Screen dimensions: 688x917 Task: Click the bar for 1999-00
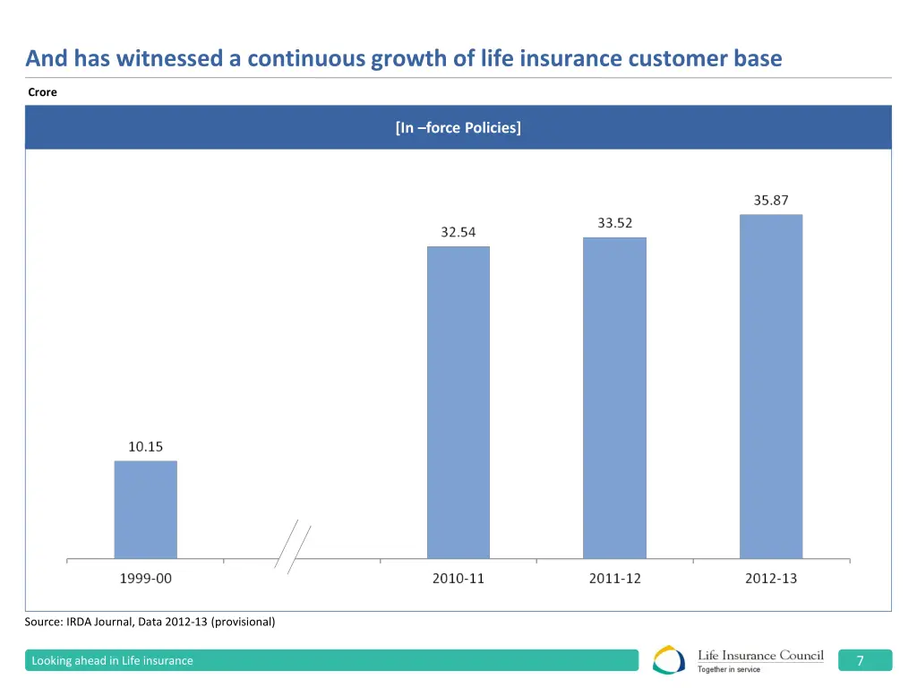(145, 510)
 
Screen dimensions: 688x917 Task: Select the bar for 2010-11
(458, 402)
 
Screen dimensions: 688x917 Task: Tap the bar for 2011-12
(614, 398)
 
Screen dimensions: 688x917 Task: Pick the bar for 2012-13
(770, 386)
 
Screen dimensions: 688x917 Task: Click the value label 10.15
(145, 446)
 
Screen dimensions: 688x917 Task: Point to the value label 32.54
(458, 232)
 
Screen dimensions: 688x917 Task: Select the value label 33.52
(614, 223)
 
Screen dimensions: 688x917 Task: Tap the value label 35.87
(770, 201)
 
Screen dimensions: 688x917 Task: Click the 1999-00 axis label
(145, 579)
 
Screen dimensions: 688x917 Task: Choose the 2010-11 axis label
(458, 579)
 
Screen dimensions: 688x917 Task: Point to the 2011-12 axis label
(614, 579)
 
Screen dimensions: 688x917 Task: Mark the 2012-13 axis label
(770, 579)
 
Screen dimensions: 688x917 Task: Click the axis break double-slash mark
(293, 547)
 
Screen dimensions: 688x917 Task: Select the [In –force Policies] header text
(458, 127)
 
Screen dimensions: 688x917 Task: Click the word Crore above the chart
(42, 92)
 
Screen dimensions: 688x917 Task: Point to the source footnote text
(150, 622)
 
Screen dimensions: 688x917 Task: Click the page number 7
(860, 661)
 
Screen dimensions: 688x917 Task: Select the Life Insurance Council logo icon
(670, 660)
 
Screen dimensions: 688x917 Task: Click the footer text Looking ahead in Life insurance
(112, 661)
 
